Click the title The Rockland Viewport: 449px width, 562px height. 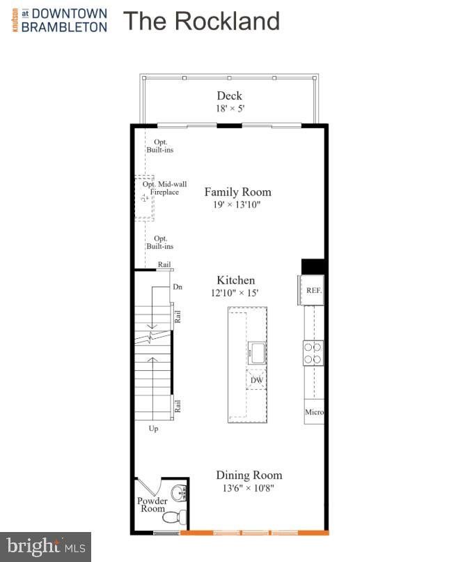[201, 21]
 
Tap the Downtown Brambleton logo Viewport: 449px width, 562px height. [60, 20]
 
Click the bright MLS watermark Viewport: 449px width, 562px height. [46, 547]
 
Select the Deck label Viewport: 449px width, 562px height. [229, 96]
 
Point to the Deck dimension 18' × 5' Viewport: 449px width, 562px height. [230, 108]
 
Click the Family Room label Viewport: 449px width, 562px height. [238, 192]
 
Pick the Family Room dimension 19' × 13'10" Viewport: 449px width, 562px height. [237, 205]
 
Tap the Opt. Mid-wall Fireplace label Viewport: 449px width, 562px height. [164, 188]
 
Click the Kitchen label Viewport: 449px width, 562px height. [236, 280]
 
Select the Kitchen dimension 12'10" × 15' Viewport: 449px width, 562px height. [235, 293]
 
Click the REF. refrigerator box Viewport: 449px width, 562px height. [311, 290]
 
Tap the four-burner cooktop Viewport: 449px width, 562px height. [313, 353]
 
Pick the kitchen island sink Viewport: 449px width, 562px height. [257, 353]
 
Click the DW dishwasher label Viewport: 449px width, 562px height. [257, 380]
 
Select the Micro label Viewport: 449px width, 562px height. [314, 412]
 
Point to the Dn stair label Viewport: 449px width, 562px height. [178, 287]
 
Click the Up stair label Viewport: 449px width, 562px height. [153, 429]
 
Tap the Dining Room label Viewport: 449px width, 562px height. [249, 475]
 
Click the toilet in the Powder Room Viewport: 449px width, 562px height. [174, 517]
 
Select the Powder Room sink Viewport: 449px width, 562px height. [178, 493]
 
